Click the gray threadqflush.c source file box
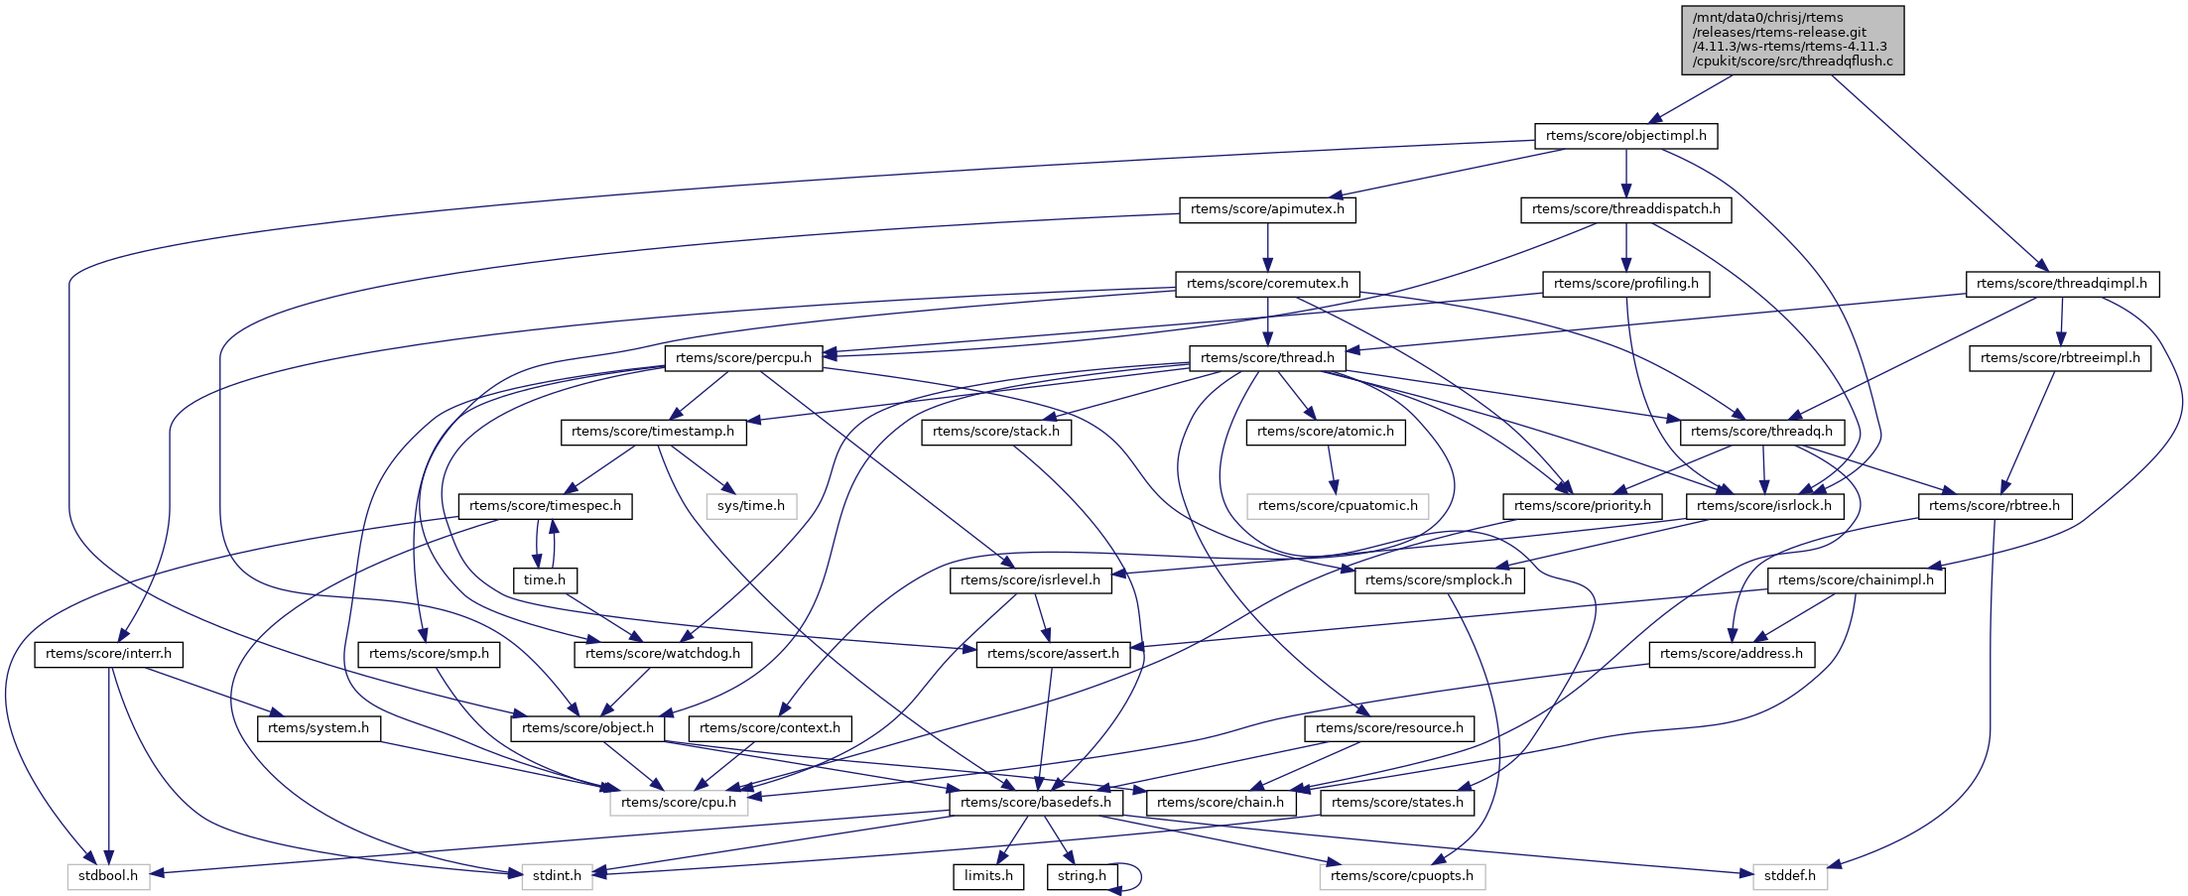click(x=1792, y=40)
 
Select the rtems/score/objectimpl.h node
click(x=1625, y=136)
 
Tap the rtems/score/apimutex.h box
click(x=1267, y=209)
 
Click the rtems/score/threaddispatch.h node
click(x=1625, y=209)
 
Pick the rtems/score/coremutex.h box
click(x=1267, y=284)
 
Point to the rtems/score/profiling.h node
click(x=1625, y=284)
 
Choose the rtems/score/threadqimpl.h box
click(x=2061, y=284)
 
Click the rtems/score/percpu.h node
click(x=743, y=358)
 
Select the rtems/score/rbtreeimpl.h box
click(x=2060, y=358)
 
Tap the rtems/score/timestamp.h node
click(x=653, y=432)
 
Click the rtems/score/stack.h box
click(x=995, y=432)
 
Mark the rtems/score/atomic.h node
click(x=1325, y=432)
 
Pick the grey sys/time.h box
click(x=750, y=506)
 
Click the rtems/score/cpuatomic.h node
click(x=1338, y=506)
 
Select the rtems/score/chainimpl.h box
click(x=1856, y=580)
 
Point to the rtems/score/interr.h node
click(x=108, y=654)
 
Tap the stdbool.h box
click(x=108, y=876)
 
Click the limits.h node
click(x=988, y=876)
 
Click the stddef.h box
click(x=1789, y=876)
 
